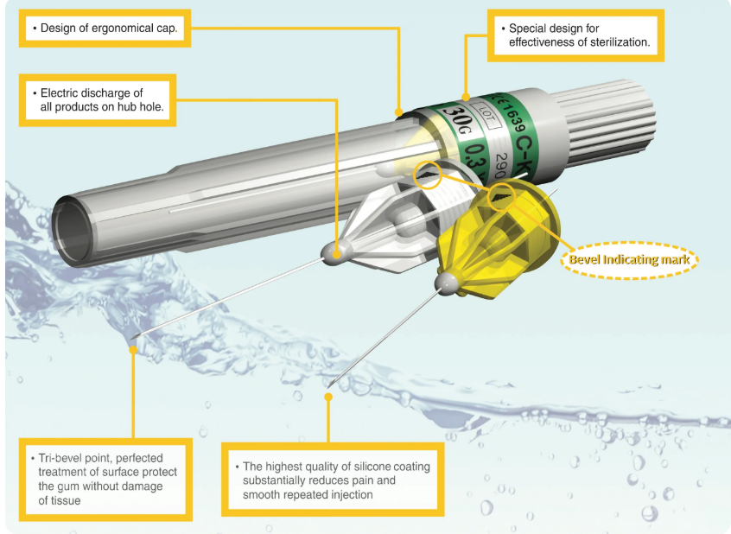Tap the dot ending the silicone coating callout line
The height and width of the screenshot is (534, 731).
(x=328, y=396)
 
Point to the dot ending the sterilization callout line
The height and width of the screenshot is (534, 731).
(x=465, y=96)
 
